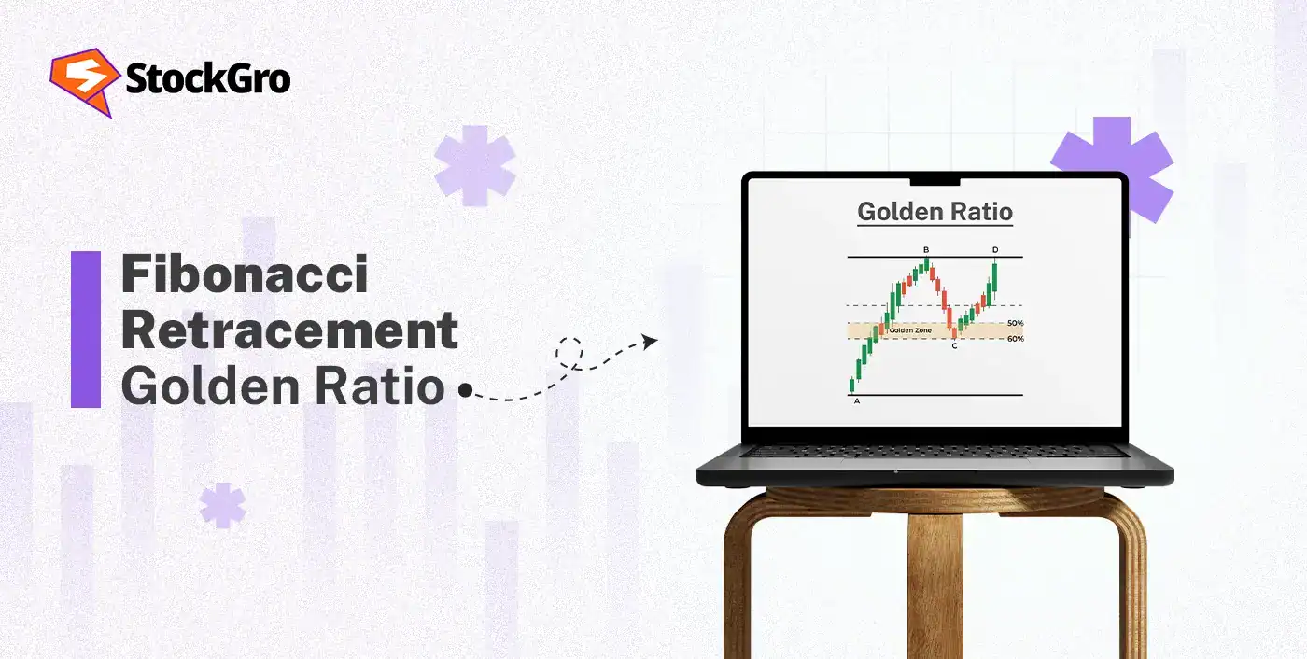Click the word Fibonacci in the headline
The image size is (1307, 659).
[245, 276]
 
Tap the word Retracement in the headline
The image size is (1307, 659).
[289, 331]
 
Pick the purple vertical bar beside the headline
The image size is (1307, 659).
[85, 329]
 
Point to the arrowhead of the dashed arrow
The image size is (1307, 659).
[650, 342]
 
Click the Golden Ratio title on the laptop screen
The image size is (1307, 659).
[935, 212]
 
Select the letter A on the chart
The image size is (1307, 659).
[857, 400]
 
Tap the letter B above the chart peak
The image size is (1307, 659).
[926, 249]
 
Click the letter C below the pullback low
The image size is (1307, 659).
[954, 346]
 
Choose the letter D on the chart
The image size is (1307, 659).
[995, 249]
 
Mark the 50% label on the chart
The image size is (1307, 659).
[1016, 323]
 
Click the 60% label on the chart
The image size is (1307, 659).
[1016, 338]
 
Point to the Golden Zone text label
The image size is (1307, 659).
[910, 330]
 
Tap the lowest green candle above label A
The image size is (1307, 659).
[852, 384]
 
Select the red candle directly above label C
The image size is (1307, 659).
[953, 329]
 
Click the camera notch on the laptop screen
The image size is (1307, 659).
[935, 175]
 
